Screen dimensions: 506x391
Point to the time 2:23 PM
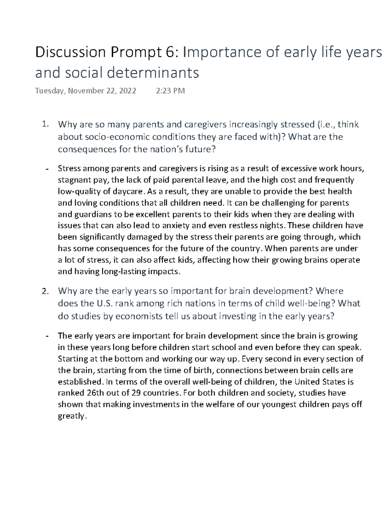170,91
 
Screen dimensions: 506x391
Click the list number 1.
45,124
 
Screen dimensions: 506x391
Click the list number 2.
45,291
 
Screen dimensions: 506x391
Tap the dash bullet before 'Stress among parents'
47,169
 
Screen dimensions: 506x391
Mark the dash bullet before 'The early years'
47,336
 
